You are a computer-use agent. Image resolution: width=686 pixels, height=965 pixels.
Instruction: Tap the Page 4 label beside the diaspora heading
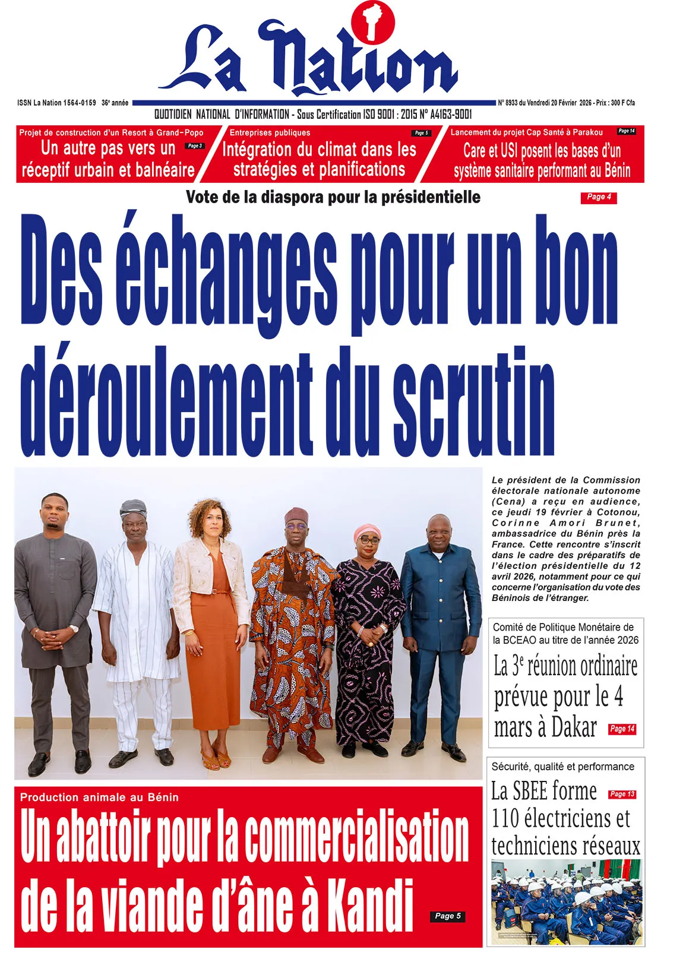click(598, 197)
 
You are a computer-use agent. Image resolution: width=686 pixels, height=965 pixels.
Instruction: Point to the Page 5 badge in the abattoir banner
click(447, 916)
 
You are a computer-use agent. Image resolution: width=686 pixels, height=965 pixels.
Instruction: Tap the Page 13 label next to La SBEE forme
click(622, 794)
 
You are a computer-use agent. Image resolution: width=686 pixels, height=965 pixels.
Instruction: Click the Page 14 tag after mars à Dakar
click(622, 729)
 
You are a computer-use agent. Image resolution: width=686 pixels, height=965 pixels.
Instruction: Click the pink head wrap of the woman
click(368, 530)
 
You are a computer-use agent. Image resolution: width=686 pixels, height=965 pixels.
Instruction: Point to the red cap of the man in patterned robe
click(296, 514)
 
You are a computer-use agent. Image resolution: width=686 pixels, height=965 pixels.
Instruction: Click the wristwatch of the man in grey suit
click(73, 628)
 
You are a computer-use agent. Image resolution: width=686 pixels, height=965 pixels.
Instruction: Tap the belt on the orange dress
click(211, 592)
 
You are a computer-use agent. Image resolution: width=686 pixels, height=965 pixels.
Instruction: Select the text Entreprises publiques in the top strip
click(270, 132)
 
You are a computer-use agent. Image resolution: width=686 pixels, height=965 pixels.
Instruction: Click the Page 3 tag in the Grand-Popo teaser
click(195, 146)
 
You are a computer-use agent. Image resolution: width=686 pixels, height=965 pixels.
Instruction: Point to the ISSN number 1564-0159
click(79, 103)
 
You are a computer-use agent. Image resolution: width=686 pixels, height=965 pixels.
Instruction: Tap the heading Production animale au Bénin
click(99, 798)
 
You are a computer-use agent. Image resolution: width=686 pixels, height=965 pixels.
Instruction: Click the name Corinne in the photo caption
click(516, 523)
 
